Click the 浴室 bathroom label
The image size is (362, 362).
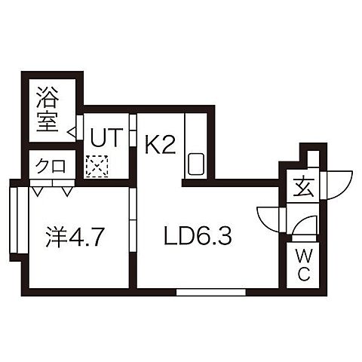pos(48,109)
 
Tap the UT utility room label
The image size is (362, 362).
pos(106,137)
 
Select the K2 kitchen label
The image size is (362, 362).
pos(160,146)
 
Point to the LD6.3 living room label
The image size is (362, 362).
pos(198,236)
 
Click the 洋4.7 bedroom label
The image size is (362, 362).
pos(75,237)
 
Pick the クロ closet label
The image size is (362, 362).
pos(51,166)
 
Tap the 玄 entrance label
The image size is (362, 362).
pos(305,189)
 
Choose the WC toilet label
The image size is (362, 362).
pos(304,266)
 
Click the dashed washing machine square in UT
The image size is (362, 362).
pos(97,166)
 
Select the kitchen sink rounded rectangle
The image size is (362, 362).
pos(196,164)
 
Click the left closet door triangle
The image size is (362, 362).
pos(37,192)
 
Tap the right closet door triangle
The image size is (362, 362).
pos(67,192)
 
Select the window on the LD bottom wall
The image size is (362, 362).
pos(211,292)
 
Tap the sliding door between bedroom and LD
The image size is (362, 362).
pos(133,220)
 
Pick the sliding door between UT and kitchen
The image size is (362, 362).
pos(133,130)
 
